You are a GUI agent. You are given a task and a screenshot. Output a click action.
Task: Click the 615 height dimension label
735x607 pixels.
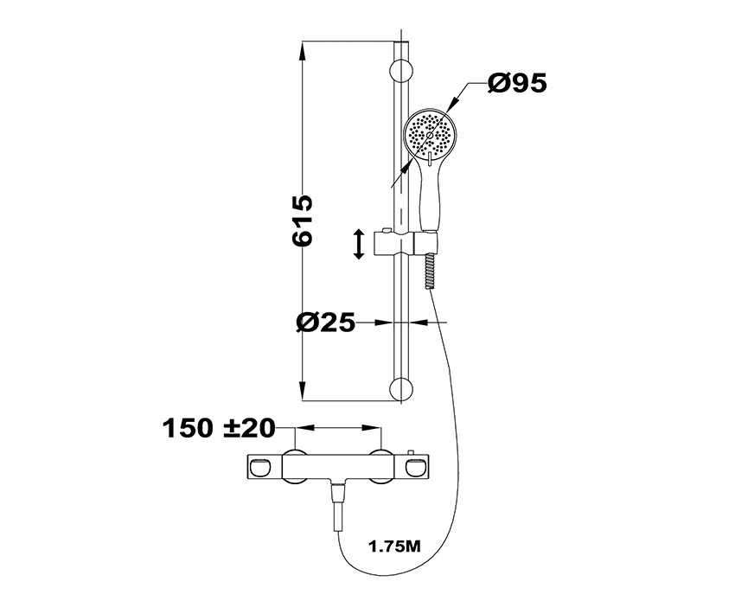pos(302,220)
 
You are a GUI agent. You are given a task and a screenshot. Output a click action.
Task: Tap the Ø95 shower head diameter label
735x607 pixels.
pos(517,83)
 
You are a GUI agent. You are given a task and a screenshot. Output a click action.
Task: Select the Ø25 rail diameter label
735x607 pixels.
pos(326,323)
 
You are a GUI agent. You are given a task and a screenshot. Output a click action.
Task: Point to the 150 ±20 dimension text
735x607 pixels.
pos(219,428)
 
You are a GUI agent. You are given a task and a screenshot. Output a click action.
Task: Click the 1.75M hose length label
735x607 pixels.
pos(394,546)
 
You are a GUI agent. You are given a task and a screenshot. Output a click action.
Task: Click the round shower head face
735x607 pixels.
pos(430,135)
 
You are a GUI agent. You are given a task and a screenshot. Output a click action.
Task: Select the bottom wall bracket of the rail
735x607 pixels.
pos(402,388)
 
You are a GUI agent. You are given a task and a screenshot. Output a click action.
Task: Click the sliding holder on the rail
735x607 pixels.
pos(406,244)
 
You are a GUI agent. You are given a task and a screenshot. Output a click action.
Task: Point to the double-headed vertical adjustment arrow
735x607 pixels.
pos(359,244)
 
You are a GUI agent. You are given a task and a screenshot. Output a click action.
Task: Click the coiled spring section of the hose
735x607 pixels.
pos(428,272)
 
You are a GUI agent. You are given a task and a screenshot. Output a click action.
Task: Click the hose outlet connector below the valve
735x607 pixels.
pos(338,505)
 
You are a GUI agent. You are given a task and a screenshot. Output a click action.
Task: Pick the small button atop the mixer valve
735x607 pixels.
pos(412,452)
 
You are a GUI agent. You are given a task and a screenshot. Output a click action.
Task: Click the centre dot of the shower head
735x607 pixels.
pos(430,135)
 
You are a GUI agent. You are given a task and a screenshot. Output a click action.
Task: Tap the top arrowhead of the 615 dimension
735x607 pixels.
pos(303,52)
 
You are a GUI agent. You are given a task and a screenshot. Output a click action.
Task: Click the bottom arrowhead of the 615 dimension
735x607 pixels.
pos(303,392)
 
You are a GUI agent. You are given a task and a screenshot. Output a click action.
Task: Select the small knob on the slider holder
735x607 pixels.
pos(386,230)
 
